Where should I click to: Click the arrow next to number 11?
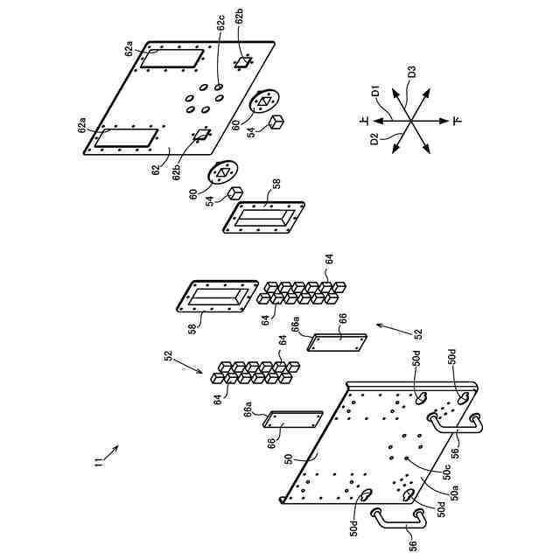click(111, 451)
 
